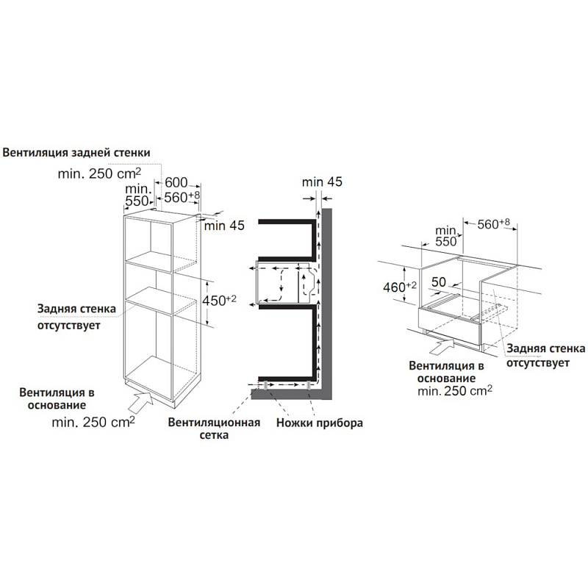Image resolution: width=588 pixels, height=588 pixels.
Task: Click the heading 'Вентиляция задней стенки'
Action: (76, 153)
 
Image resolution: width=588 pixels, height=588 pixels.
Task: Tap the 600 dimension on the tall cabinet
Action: (176, 182)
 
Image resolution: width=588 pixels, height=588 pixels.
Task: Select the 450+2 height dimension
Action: (219, 301)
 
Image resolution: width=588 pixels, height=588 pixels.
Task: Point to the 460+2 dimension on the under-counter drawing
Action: (400, 287)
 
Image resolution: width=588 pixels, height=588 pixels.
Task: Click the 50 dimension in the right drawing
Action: (438, 282)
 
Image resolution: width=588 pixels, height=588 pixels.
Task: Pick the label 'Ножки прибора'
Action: (320, 423)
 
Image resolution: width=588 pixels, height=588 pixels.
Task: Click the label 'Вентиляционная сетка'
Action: (214, 429)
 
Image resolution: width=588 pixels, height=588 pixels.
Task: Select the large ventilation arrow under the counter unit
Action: (442, 345)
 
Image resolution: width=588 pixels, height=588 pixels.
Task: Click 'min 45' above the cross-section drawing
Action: (322, 182)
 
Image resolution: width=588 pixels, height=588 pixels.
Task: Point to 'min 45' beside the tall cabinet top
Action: (224, 226)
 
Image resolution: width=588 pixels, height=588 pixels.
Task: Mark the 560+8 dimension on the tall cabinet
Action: (182, 197)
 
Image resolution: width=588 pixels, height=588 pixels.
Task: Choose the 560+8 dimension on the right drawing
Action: (493, 224)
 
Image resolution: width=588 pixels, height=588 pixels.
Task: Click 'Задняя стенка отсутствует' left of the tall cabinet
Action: (76, 317)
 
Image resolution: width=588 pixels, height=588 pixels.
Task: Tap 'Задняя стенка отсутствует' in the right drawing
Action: (545, 356)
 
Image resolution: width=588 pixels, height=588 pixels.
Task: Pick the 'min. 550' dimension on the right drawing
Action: (446, 236)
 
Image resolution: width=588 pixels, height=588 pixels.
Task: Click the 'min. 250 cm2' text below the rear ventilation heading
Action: (99, 173)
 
